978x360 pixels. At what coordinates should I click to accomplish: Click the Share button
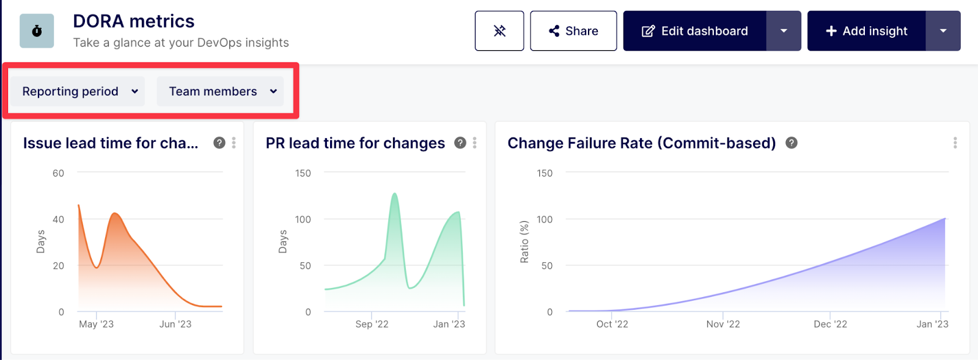tap(573, 31)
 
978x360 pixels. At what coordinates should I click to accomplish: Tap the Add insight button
tap(866, 31)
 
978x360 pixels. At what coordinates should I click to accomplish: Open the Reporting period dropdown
tap(78, 91)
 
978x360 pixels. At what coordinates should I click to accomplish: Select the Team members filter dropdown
tap(221, 91)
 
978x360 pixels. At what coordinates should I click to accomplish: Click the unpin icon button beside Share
tap(499, 31)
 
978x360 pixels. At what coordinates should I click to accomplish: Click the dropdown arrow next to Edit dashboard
tap(784, 31)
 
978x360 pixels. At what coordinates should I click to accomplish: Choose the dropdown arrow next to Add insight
tap(943, 31)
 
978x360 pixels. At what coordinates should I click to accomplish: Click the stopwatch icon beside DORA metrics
tap(37, 31)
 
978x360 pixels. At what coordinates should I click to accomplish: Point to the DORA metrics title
tap(134, 21)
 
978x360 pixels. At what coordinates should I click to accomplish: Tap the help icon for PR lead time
tap(460, 142)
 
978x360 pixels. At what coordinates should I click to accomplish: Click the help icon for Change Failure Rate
tap(792, 142)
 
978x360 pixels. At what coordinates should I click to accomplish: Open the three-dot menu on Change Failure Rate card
tap(955, 142)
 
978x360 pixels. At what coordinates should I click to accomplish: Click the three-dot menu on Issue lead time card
tap(233, 142)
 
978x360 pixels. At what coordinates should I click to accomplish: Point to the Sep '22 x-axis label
tap(372, 324)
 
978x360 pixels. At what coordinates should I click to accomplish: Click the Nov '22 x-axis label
tap(723, 324)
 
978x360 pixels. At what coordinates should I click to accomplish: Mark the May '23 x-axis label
tap(96, 324)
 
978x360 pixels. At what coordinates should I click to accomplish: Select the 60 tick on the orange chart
tap(58, 173)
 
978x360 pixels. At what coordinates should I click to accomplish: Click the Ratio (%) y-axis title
tap(524, 241)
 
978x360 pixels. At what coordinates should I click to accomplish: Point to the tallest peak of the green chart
tap(395, 194)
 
